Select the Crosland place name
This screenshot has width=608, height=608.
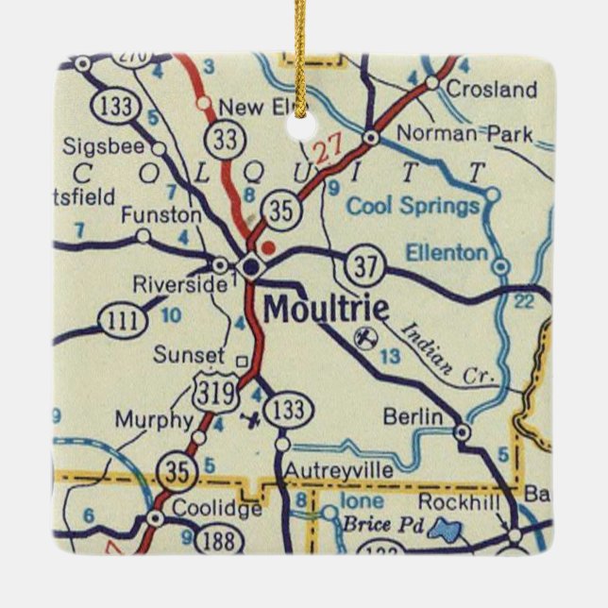[x=491, y=91]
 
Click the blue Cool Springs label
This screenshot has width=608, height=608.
[x=414, y=206]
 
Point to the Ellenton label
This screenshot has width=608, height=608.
[x=447, y=252]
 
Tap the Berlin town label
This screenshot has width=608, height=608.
[x=413, y=416]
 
